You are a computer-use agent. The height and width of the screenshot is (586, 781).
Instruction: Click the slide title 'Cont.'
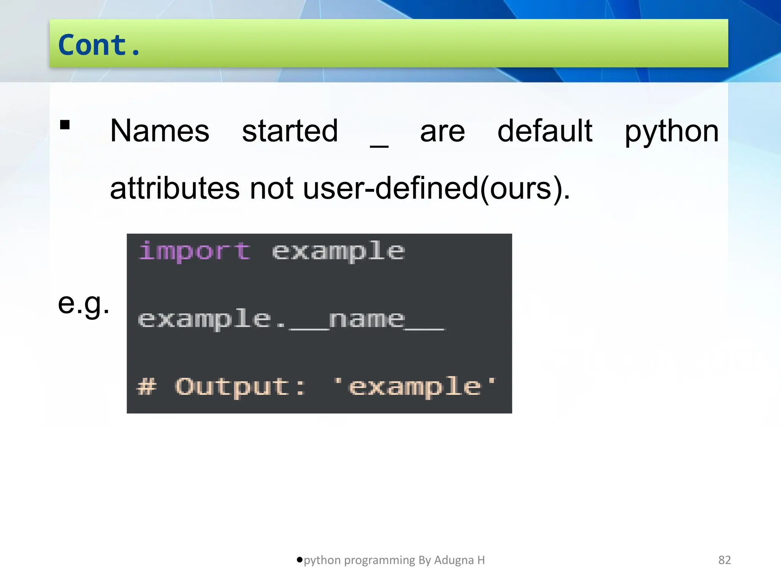tap(100, 45)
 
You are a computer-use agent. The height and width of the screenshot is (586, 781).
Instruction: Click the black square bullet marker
tap(65, 125)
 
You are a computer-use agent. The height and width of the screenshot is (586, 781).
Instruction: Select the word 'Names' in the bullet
tap(159, 131)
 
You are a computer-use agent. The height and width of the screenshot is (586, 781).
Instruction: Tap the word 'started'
tap(290, 131)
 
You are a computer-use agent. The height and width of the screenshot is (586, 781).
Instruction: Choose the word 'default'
tap(545, 131)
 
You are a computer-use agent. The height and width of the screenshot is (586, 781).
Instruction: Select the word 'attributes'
tap(175, 188)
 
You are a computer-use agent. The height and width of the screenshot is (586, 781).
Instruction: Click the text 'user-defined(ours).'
tap(436, 188)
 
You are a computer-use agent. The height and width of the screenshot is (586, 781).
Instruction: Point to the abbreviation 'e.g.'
tap(84, 304)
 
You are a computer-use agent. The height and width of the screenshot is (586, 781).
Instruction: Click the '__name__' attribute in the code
tap(367, 320)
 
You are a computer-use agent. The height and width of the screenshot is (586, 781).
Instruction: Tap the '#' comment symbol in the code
tap(147, 386)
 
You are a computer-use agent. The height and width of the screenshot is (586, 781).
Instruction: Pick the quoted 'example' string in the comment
tap(415, 386)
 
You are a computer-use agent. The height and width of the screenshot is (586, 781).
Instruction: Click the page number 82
tap(724, 560)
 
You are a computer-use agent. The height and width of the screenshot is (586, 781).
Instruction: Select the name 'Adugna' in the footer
tap(453, 560)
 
